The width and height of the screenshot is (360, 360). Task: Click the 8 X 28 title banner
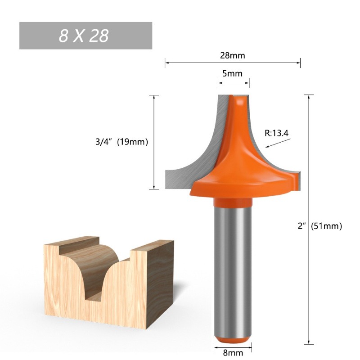[85, 36]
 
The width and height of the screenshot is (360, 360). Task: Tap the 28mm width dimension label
[233, 55]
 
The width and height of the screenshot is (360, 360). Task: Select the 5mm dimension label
[232, 73]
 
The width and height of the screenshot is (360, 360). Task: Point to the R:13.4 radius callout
[276, 133]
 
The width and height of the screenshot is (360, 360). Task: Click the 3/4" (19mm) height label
[121, 142]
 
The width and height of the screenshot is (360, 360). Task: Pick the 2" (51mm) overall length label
[320, 226]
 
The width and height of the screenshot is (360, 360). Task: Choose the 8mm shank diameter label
[233, 352]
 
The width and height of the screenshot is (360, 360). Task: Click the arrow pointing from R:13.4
[278, 143]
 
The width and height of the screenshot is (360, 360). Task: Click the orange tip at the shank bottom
[233, 339]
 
